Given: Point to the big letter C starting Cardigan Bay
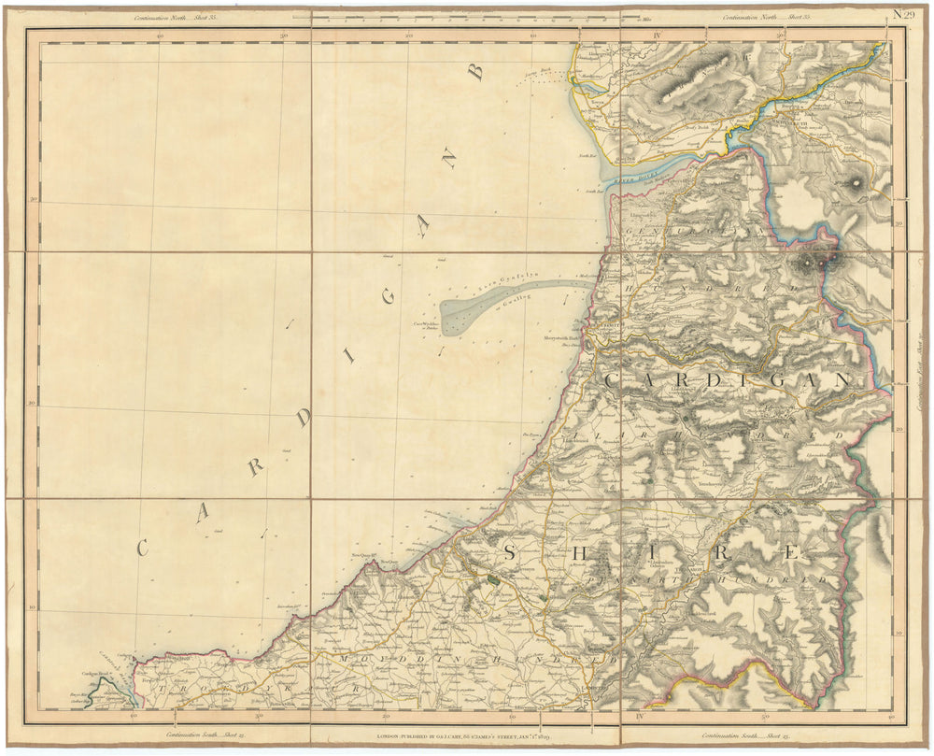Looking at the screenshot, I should point(142,549).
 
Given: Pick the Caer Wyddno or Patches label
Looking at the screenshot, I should point(426,326).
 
